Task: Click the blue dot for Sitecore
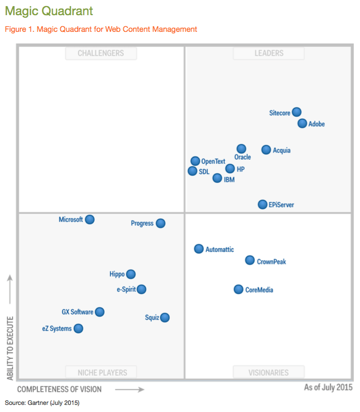tap(297, 112)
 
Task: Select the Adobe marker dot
tap(302, 123)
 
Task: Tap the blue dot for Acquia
tap(266, 150)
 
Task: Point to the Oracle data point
tap(241, 149)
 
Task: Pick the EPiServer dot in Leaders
tap(262, 204)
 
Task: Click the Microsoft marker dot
tap(89, 219)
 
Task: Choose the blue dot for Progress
tap(160, 223)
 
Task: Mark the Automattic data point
tap(199, 249)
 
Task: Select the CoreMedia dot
tap(238, 289)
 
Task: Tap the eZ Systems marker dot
tap(78, 329)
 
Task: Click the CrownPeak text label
tap(272, 262)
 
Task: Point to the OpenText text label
tap(213, 162)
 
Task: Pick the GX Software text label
tap(77, 312)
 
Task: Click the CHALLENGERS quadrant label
tap(101, 53)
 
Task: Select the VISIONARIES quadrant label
tap(268, 373)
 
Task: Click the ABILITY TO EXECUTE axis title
tap(10, 349)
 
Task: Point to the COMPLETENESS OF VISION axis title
tap(59, 389)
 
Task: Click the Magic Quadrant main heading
tap(49, 11)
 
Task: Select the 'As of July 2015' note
tap(328, 388)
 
